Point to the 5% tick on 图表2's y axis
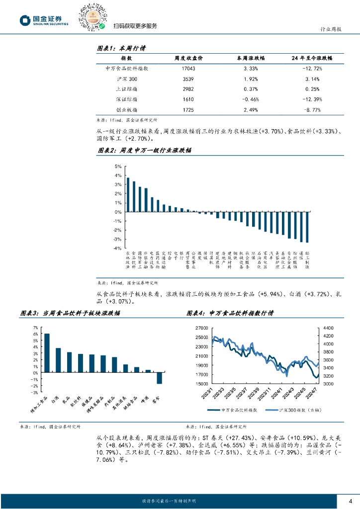pos(118,167)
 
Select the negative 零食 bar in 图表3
pos(160,378)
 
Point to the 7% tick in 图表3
pos(35,328)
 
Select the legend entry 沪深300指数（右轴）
pos(290,410)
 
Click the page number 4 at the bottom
pos(350,501)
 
